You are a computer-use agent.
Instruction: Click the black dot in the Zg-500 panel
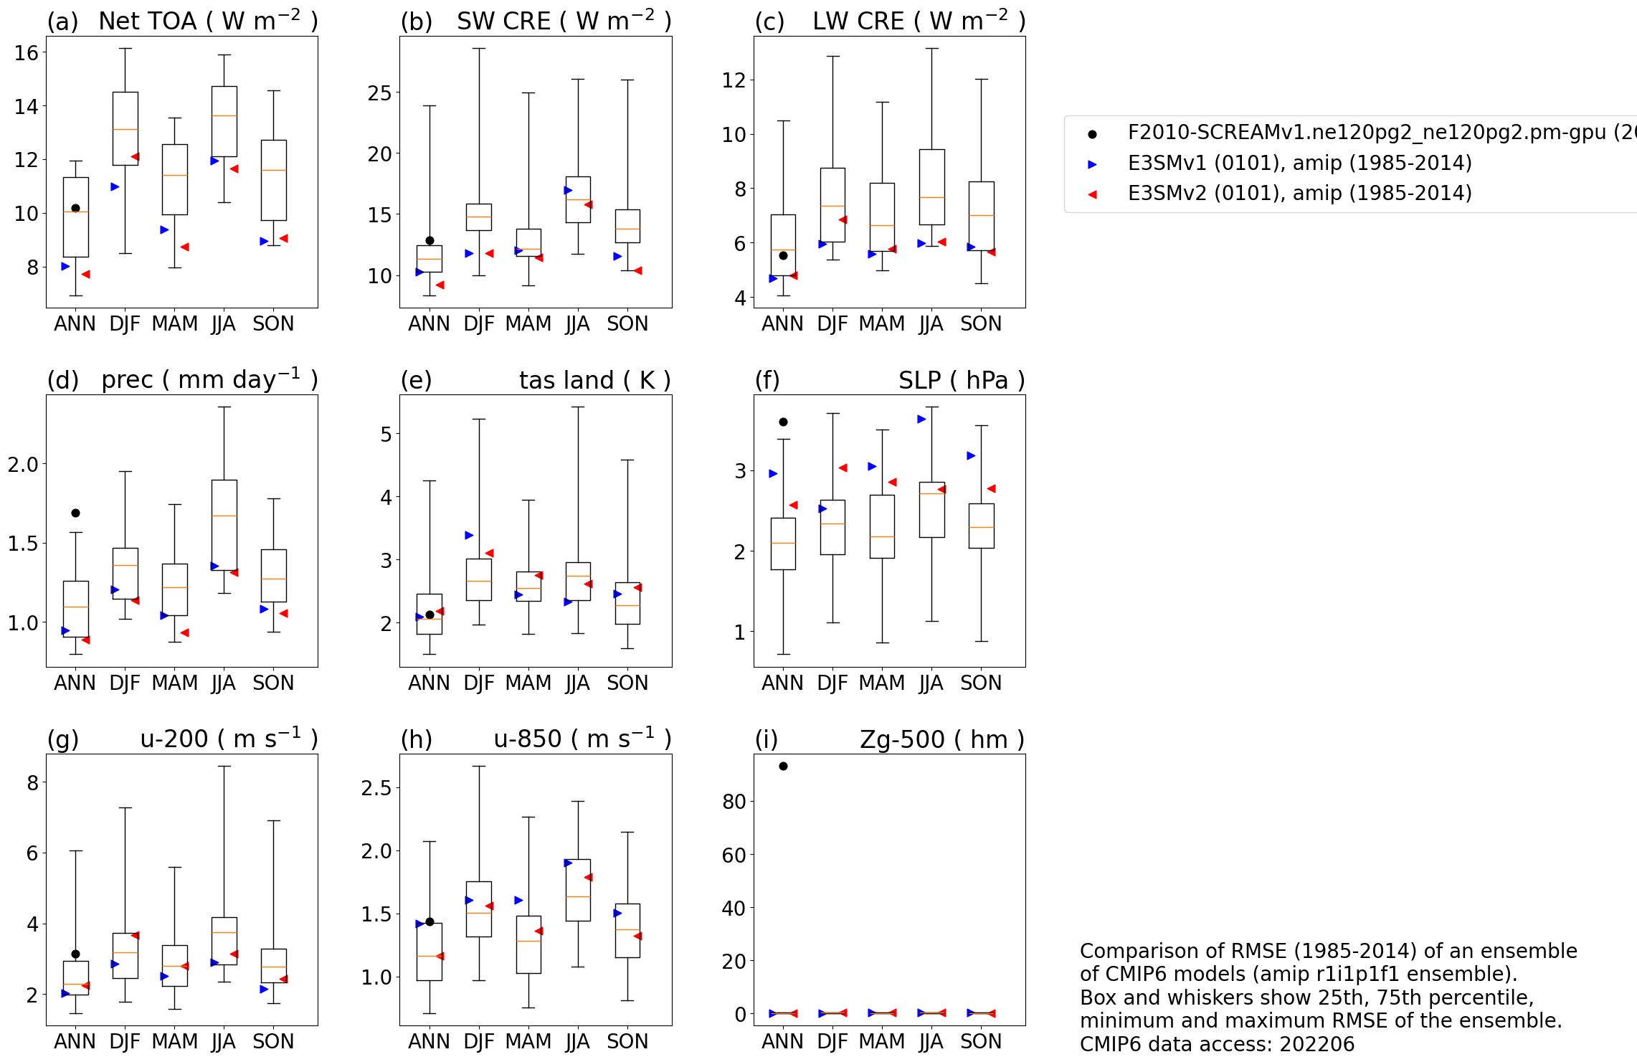(783, 766)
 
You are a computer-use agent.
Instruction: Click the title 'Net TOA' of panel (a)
(147, 22)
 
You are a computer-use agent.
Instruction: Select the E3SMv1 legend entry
(1299, 163)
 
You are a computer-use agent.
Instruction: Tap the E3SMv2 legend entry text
(1299, 194)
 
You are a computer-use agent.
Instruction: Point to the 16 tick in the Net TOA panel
(27, 52)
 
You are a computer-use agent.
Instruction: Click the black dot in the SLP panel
(783, 422)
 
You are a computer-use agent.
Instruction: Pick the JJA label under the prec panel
(224, 683)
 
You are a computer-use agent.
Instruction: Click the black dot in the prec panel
(75, 513)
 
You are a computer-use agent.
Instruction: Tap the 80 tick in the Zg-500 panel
(734, 801)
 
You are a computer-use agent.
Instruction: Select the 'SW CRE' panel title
(504, 22)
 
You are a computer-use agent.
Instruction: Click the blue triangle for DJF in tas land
(469, 535)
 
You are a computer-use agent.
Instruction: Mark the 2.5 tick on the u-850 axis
(376, 788)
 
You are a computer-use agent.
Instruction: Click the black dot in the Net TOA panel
(75, 208)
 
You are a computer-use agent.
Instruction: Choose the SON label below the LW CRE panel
(981, 324)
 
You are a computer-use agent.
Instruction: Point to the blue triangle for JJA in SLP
(921, 419)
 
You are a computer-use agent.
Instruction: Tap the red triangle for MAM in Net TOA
(185, 247)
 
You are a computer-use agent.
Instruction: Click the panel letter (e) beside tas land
(416, 380)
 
